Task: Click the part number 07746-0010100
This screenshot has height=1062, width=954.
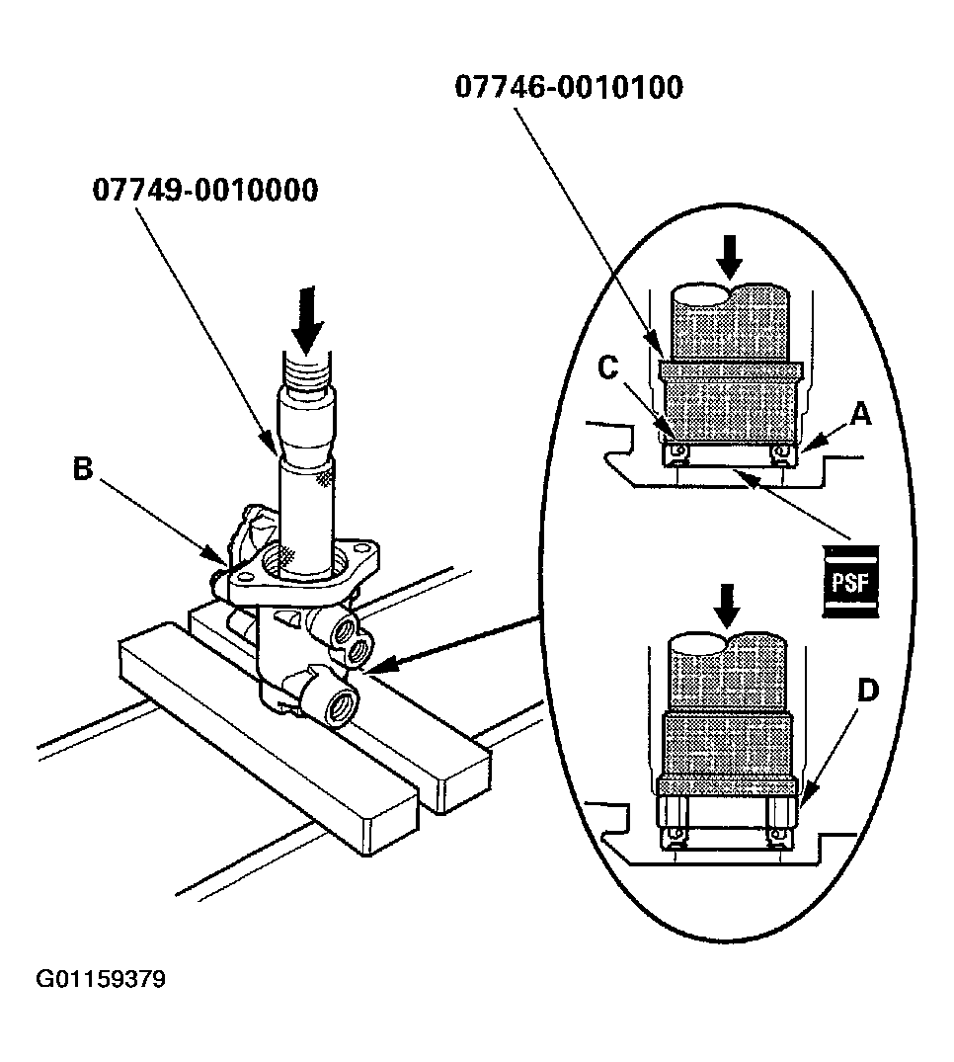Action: click(x=568, y=87)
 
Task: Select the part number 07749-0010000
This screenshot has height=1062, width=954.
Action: click(x=205, y=189)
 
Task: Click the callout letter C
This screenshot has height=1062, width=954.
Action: click(x=608, y=368)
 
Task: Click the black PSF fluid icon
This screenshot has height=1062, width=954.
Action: click(x=849, y=580)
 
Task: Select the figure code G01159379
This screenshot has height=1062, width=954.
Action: click(x=101, y=980)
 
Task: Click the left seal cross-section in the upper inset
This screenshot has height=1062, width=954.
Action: click(x=676, y=452)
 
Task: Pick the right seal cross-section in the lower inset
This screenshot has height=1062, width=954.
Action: click(x=778, y=838)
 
